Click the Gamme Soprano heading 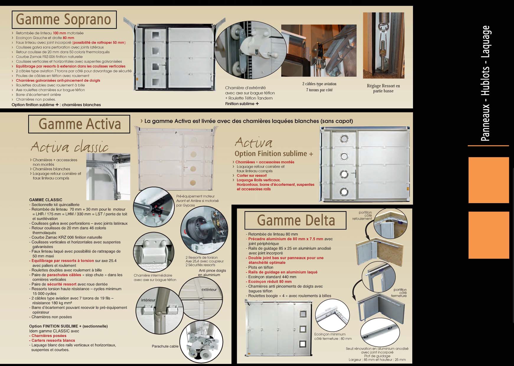(64, 19)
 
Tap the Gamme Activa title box (79, 124)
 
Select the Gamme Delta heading (296, 220)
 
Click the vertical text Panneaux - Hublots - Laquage (486, 83)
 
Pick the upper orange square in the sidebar (489, 180)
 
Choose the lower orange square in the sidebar (489, 235)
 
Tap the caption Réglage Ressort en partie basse (383, 88)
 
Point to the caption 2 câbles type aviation (319, 84)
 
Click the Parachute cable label (165, 346)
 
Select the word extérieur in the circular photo (209, 290)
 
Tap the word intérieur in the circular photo (148, 300)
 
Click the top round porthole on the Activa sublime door (344, 139)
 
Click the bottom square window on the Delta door (303, 344)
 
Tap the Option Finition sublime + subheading (274, 154)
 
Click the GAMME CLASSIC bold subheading (46, 200)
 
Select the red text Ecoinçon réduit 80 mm (270, 282)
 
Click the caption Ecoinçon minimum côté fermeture (333, 337)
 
